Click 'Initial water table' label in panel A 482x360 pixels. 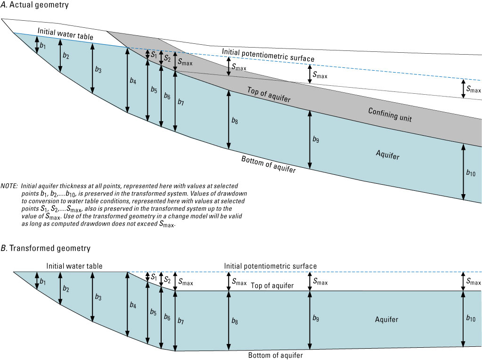(x=65, y=36)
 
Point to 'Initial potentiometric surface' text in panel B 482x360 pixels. (x=270, y=266)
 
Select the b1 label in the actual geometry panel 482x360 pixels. (x=43, y=46)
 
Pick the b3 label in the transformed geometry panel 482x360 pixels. (x=98, y=297)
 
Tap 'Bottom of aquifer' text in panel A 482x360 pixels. (x=269, y=164)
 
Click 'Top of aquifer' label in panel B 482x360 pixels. (x=272, y=286)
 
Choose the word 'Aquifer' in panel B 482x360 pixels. (x=386, y=320)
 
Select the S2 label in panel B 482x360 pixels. (x=167, y=279)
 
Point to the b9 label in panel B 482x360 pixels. (x=316, y=319)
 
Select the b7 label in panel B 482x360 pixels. (x=181, y=321)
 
